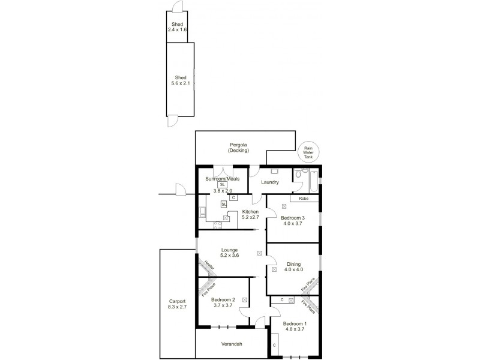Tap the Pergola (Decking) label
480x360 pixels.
pos(239,148)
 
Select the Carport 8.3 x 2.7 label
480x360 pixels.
pos(178,304)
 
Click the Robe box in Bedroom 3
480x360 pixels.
pos(304,197)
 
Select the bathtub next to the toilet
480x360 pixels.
pos(313,178)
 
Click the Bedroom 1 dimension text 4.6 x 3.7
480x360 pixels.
pos(295,329)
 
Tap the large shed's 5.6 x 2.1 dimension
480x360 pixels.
pos(180,83)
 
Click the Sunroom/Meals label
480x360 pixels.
pos(223,178)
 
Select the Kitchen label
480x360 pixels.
pos(250,212)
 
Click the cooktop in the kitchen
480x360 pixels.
pos(217,225)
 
